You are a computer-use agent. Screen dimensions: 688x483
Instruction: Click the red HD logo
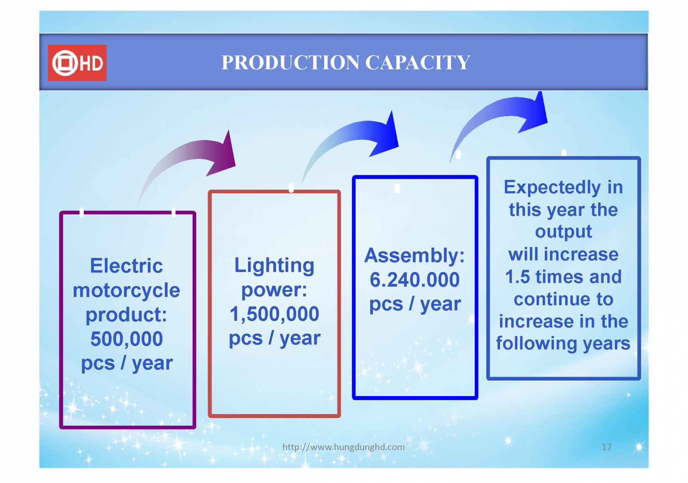point(77,63)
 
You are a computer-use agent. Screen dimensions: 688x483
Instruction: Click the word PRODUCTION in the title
point(291,62)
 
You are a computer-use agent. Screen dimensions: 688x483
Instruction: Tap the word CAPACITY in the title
point(418,62)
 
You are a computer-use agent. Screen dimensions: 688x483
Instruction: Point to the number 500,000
point(126,339)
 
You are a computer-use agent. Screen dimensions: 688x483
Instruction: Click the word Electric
point(126,266)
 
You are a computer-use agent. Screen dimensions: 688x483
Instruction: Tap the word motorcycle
point(126,291)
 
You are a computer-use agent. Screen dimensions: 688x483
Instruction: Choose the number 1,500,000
point(274,314)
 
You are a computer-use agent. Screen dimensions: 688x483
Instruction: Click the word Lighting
point(274,266)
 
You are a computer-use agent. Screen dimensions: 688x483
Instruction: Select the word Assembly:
point(415,256)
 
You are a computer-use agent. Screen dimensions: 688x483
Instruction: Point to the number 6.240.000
point(415,280)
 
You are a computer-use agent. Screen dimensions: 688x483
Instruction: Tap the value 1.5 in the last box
point(518,277)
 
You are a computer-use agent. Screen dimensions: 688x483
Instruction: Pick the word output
point(564,232)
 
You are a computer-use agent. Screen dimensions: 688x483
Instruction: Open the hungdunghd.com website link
point(344,447)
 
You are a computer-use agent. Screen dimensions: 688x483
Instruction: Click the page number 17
point(607,447)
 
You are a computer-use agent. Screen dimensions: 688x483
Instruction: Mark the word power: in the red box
point(274,291)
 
